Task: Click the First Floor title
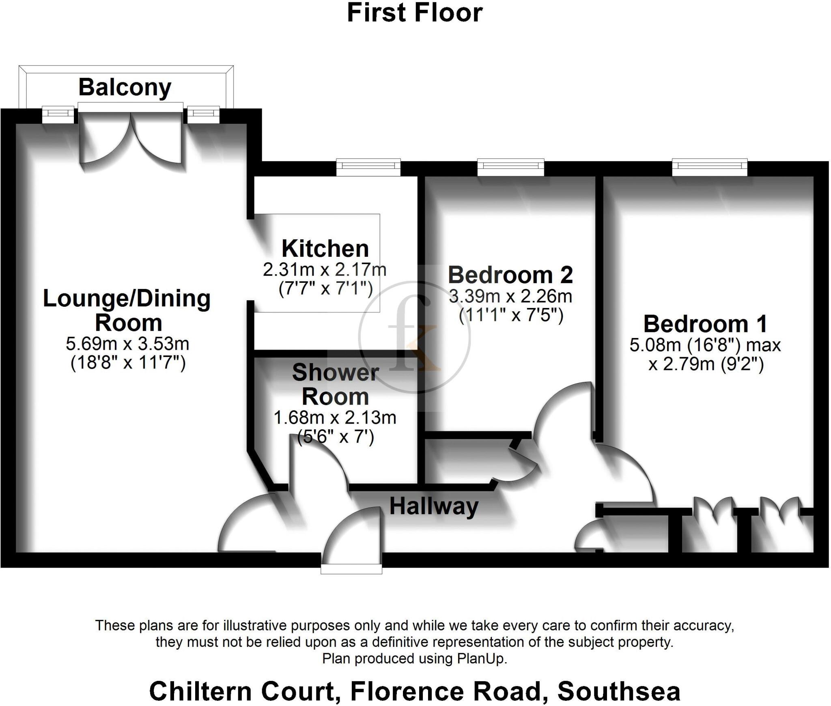[x=415, y=13]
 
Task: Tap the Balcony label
[x=125, y=88]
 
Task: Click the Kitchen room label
[x=325, y=248]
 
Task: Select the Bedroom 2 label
[x=510, y=275]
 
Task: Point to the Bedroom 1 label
[x=705, y=324]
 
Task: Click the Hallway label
[x=434, y=506]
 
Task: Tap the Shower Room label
[x=335, y=384]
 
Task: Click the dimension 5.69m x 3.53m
[x=127, y=344]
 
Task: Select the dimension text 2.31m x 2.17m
[x=325, y=270]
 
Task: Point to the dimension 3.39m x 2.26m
[x=510, y=296]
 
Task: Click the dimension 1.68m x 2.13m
[x=335, y=418]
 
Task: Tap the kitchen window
[x=368, y=168]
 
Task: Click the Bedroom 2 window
[x=510, y=167]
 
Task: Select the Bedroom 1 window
[x=709, y=167]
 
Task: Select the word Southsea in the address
[x=618, y=691]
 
